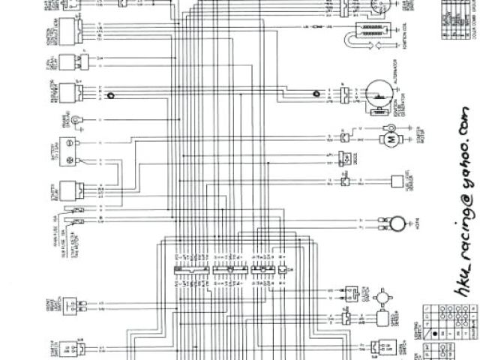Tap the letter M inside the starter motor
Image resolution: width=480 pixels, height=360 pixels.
(391, 139)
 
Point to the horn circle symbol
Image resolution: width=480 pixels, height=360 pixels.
(394, 223)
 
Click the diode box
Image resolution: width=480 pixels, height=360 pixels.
(346, 157)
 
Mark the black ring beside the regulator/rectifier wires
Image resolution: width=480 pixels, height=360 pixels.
(111, 95)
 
